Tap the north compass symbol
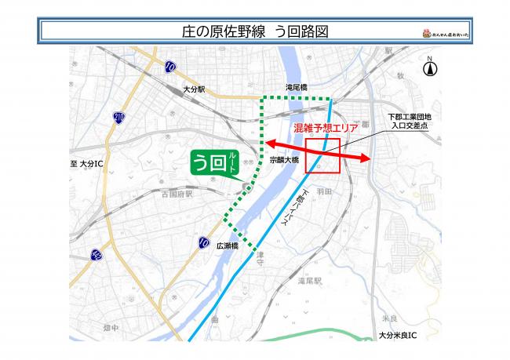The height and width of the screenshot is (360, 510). tap(429, 67)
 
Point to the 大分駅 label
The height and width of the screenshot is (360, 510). tap(193, 90)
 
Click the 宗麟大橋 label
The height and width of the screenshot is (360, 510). tap(284, 159)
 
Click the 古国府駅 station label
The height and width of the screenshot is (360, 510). tap(177, 193)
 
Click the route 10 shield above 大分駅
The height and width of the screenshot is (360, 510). tap(170, 68)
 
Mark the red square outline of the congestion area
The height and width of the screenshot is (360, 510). tap(322, 155)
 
